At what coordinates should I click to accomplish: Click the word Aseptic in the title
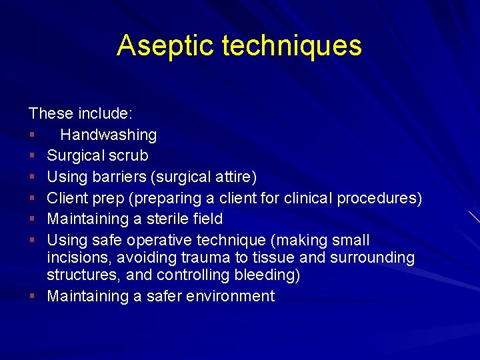pyautogui.click(x=165, y=45)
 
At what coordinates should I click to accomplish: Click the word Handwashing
pyautogui.click(x=108, y=135)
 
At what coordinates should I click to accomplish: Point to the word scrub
pyautogui.click(x=127, y=156)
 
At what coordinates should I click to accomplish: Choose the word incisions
pyautogui.click(x=73, y=257)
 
